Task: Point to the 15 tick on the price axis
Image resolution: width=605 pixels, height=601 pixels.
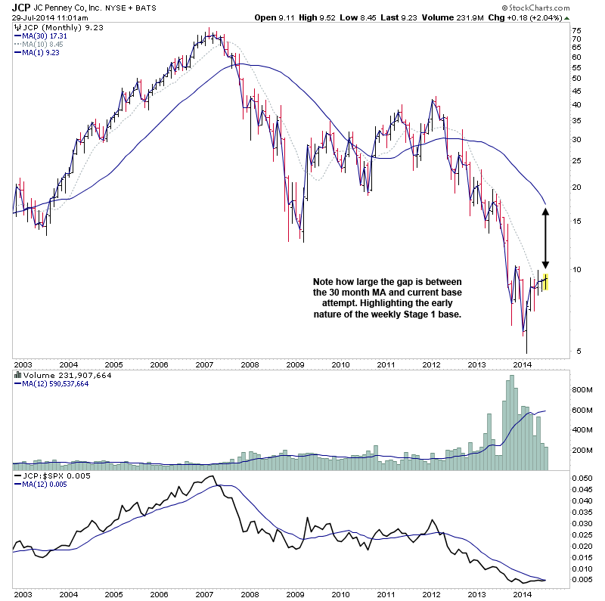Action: point(576,221)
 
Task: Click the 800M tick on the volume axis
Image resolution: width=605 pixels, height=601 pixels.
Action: point(580,390)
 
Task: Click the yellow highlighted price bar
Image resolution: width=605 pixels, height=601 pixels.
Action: point(545,281)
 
